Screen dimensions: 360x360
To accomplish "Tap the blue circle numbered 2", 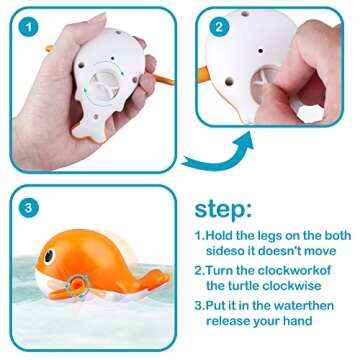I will click(218, 25).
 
